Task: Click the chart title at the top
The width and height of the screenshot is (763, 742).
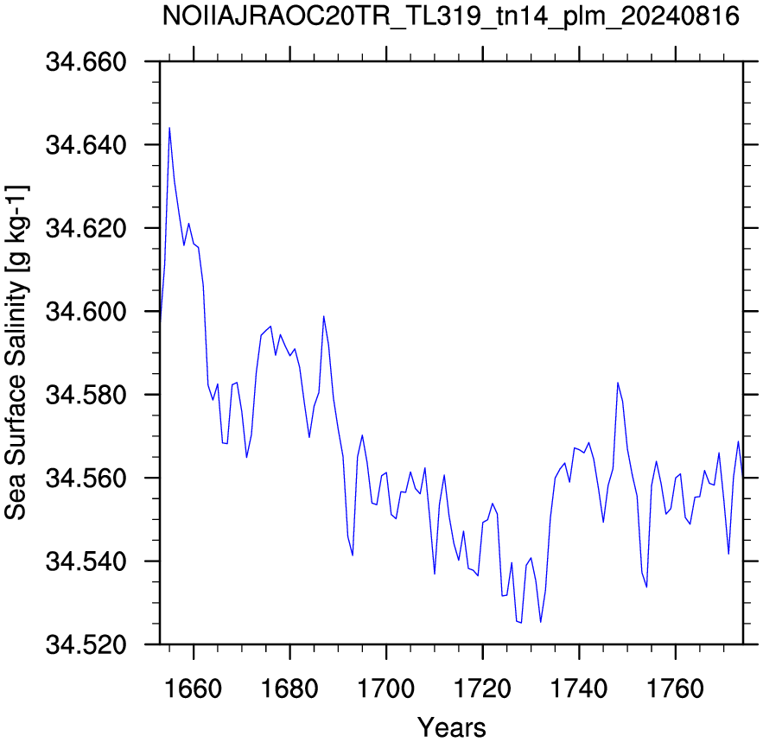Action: (450, 16)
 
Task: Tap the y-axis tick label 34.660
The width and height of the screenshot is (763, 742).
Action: (86, 62)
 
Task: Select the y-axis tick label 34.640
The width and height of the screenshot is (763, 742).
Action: (86, 145)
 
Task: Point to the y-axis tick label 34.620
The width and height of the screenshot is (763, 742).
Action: (86, 228)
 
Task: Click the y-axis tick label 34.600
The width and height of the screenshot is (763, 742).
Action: (86, 311)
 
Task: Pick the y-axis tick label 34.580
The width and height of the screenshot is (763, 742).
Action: (86, 395)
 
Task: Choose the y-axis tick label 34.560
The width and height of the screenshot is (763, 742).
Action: (86, 479)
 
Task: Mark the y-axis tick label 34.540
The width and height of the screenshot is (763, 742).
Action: (86, 561)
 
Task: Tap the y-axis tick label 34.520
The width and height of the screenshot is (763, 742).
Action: (86, 644)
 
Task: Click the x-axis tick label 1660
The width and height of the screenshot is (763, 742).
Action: (194, 689)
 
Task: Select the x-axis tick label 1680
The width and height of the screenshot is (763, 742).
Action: (289, 689)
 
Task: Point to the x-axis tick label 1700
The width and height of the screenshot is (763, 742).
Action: (386, 689)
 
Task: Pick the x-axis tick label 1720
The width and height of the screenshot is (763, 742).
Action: (482, 689)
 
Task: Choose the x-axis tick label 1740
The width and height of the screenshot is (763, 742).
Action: (579, 689)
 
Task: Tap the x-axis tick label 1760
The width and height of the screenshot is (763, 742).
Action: (675, 689)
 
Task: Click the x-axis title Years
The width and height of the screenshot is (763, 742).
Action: (452, 728)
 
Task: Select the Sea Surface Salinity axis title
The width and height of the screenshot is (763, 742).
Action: (16, 352)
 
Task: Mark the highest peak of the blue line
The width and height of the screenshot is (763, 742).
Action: (169, 128)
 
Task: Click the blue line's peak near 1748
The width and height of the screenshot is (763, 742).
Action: (618, 383)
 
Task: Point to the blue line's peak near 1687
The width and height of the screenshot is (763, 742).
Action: (323, 316)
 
